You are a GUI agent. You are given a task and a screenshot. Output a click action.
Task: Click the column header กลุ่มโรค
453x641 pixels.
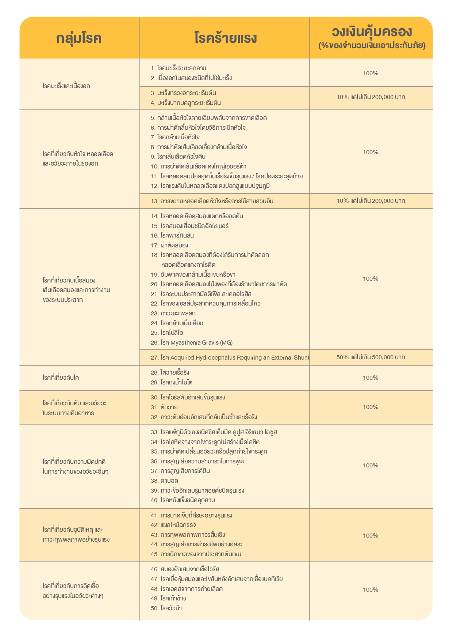pyautogui.click(x=79, y=38)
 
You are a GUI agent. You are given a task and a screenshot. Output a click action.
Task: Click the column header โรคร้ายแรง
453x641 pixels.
pyautogui.click(x=225, y=38)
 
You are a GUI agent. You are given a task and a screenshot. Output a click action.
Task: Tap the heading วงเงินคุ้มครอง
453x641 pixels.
pyautogui.click(x=372, y=32)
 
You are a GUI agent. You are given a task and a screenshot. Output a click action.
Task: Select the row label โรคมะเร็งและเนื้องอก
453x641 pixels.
pyautogui.click(x=66, y=86)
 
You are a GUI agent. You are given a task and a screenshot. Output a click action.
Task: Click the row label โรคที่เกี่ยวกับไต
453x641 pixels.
pyautogui.click(x=61, y=378)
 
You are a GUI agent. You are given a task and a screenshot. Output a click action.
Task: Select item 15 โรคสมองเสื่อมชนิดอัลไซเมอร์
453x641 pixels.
pyautogui.click(x=194, y=226)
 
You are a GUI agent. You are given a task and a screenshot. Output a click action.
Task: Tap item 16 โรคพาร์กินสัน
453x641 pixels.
pyautogui.click(x=177, y=235)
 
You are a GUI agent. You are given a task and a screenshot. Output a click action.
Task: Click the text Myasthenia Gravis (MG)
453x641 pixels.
pyautogui.click(x=201, y=342)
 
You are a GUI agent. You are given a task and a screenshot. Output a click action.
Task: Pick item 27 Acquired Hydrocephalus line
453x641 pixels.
pyautogui.click(x=230, y=357)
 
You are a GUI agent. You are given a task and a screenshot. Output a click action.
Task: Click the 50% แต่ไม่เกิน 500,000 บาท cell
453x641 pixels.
pyautogui.click(x=371, y=357)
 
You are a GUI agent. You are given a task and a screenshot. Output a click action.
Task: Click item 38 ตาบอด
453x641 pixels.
pyautogui.click(x=169, y=481)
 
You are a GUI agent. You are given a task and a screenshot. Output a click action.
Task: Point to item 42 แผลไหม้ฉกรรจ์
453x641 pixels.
pyautogui.click(x=178, y=525)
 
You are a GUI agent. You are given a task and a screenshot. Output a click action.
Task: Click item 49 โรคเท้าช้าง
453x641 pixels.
pyautogui.click(x=173, y=598)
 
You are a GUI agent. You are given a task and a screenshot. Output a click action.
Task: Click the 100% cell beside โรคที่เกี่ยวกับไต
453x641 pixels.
pyautogui.click(x=371, y=378)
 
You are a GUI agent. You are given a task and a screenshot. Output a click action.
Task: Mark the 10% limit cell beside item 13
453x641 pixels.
pyautogui.click(x=371, y=201)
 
